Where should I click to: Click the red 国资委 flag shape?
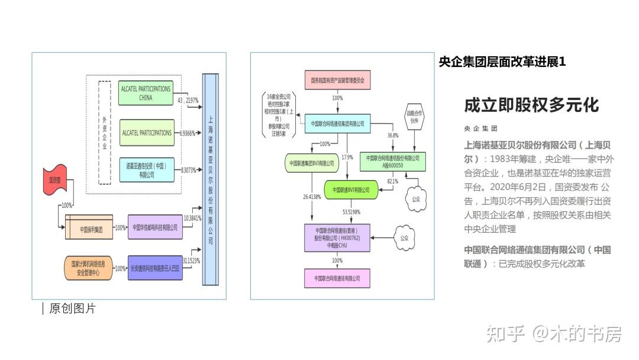pyautogui.click(x=55, y=180)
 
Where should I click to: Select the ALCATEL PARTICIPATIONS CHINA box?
pyautogui.click(x=145, y=93)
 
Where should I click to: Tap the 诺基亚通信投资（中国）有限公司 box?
pyautogui.click(x=146, y=171)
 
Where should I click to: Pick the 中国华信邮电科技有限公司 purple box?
pyautogui.click(x=155, y=227)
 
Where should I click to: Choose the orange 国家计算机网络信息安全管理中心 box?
pyautogui.click(x=88, y=268)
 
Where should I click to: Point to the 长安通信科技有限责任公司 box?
pyautogui.click(x=155, y=268)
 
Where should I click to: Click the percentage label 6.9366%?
pyautogui.click(x=188, y=133)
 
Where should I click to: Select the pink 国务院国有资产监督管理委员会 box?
pyautogui.click(x=338, y=79)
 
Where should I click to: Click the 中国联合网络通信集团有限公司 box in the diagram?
pyautogui.click(x=337, y=123)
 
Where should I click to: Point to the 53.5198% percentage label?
pyautogui.click(x=351, y=211)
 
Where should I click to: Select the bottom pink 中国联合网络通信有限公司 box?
pyautogui.click(x=337, y=278)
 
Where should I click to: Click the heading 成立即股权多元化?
pyautogui.click(x=531, y=105)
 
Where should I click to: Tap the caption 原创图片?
pyautogui.click(x=72, y=308)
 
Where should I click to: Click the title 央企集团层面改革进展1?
pyautogui.click(x=502, y=62)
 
